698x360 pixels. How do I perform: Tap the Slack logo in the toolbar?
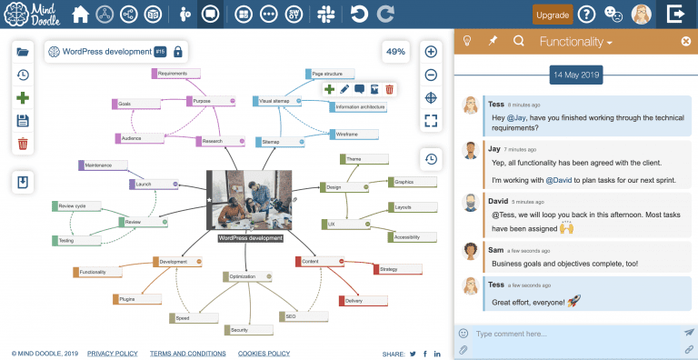325,15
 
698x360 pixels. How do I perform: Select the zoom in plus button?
432,52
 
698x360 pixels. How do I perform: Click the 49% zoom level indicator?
395,52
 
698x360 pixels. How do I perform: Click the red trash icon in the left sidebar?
23,143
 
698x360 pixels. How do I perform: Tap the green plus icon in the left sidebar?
23,97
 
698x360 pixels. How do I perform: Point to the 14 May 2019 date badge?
575,74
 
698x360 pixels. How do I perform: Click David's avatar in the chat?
470,202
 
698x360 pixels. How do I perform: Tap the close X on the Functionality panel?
685,41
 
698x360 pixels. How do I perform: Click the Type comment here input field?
573,334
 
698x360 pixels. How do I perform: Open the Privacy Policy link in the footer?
113,353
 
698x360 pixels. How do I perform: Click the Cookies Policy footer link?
264,353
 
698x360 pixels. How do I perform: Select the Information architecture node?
360,107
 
